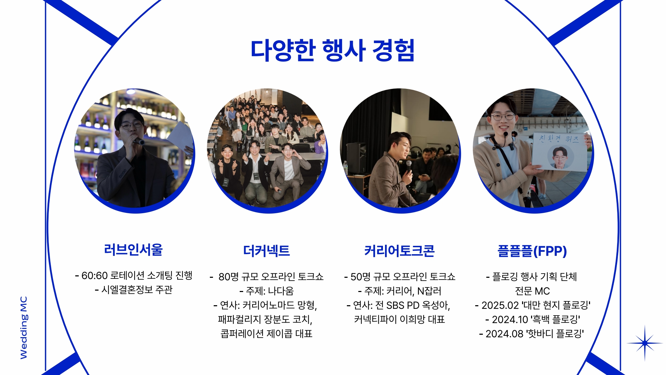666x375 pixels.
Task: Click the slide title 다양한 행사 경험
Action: [x=332, y=50]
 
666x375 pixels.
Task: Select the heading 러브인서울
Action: [x=134, y=249]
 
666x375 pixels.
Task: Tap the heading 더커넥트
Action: [x=266, y=251]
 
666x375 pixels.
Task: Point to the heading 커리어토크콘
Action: [x=399, y=251]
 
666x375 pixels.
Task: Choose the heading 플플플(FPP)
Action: [x=532, y=251]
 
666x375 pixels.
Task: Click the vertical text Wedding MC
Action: [x=24, y=327]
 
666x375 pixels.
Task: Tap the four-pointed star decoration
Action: [x=645, y=343]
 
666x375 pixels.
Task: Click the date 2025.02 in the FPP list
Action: [x=500, y=305]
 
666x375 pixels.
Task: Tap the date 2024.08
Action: [x=504, y=334]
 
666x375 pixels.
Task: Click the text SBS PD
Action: [x=403, y=305]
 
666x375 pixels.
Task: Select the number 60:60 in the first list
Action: [x=94, y=276]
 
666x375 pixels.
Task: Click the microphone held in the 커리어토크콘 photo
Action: [x=409, y=167]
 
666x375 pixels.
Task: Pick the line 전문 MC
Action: [x=532, y=291]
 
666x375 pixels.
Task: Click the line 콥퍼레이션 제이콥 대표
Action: [x=266, y=334]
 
